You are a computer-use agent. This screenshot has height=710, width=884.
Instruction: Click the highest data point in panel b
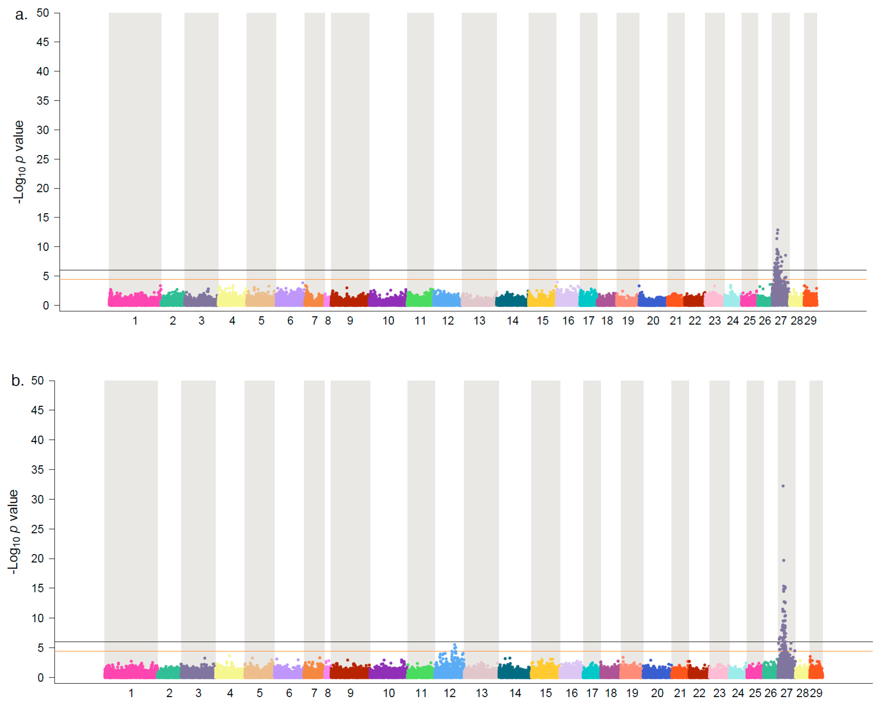click(783, 486)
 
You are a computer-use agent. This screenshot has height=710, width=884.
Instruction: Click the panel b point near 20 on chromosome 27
click(784, 560)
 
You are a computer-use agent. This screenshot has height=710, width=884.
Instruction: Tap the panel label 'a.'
click(21, 15)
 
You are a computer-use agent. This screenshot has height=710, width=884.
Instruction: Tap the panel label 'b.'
click(17, 381)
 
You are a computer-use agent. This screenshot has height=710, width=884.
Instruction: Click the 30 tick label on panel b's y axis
click(37, 500)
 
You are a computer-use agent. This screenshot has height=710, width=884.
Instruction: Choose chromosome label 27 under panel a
click(780, 321)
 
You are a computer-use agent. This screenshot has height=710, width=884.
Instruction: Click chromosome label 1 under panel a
click(135, 321)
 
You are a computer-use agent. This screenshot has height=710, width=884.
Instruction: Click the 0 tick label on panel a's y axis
click(45, 306)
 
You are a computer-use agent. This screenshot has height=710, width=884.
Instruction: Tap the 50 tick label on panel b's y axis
click(37, 381)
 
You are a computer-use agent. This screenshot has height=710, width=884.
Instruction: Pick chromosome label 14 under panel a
click(513, 321)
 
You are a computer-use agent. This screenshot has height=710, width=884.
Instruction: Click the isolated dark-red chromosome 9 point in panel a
click(347, 288)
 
